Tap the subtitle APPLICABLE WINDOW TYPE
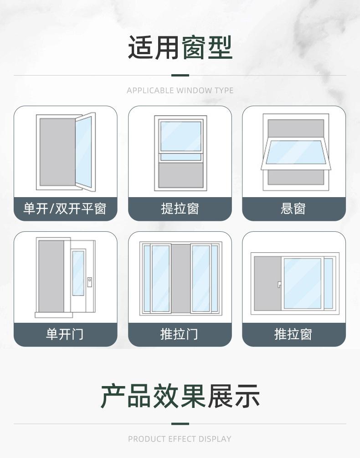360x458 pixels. [180, 90]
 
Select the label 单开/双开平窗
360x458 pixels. [65, 209]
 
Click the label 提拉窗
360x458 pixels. [180, 209]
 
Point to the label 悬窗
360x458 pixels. [293, 209]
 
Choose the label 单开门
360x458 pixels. [65, 335]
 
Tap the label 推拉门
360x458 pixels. [180, 335]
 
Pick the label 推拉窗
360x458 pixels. [293, 335]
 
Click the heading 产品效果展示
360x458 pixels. [180, 397]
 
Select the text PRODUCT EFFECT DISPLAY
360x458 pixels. [180, 439]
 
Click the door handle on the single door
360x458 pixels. [90, 281]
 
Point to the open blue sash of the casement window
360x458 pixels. [83, 151]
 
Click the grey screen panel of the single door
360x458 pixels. [51, 276]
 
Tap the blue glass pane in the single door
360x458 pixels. [78, 273]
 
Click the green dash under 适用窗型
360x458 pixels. [180, 75]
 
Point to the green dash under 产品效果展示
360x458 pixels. [180, 424]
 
